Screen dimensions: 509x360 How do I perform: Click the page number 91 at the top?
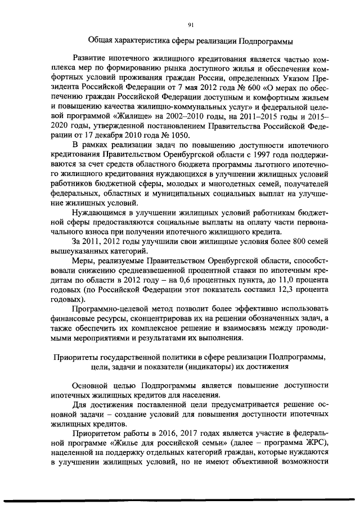click(191, 24)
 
